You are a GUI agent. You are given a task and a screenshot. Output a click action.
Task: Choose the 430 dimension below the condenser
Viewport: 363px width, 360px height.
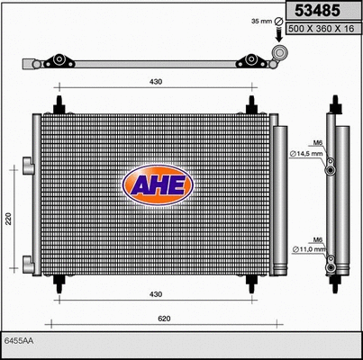157,294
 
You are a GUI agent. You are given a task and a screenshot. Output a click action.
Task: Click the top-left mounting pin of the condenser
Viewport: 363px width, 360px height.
60,105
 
